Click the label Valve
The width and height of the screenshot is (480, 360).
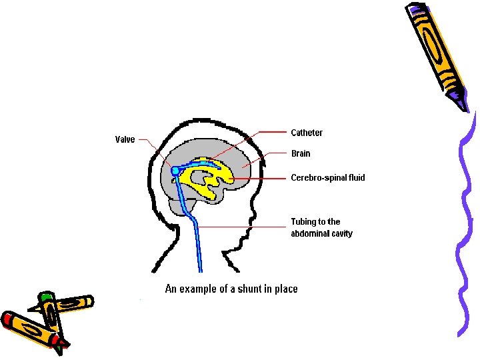pyautogui.click(x=125, y=139)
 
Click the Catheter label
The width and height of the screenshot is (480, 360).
pyautogui.click(x=307, y=133)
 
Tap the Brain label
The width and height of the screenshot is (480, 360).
pyautogui.click(x=301, y=153)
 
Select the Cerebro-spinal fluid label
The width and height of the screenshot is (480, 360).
pyautogui.click(x=328, y=178)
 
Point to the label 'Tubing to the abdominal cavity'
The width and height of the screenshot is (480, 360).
pyautogui.click(x=321, y=227)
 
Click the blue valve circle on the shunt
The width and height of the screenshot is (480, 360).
pyautogui.click(x=175, y=171)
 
